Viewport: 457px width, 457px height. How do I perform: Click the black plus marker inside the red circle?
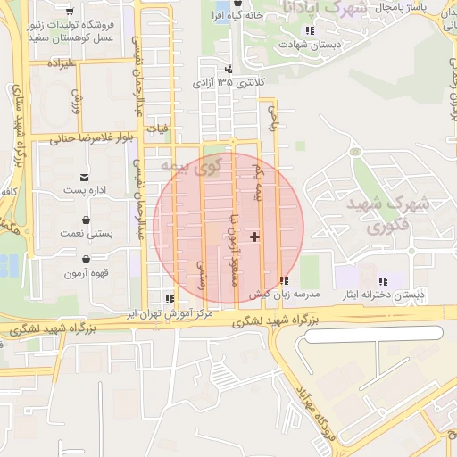[256, 237]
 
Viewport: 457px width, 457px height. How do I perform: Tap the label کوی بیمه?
[196, 165]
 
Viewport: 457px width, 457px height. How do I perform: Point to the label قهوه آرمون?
[86, 272]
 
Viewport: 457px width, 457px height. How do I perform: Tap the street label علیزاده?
[53, 64]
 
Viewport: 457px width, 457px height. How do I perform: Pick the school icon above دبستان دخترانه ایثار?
[383, 281]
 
